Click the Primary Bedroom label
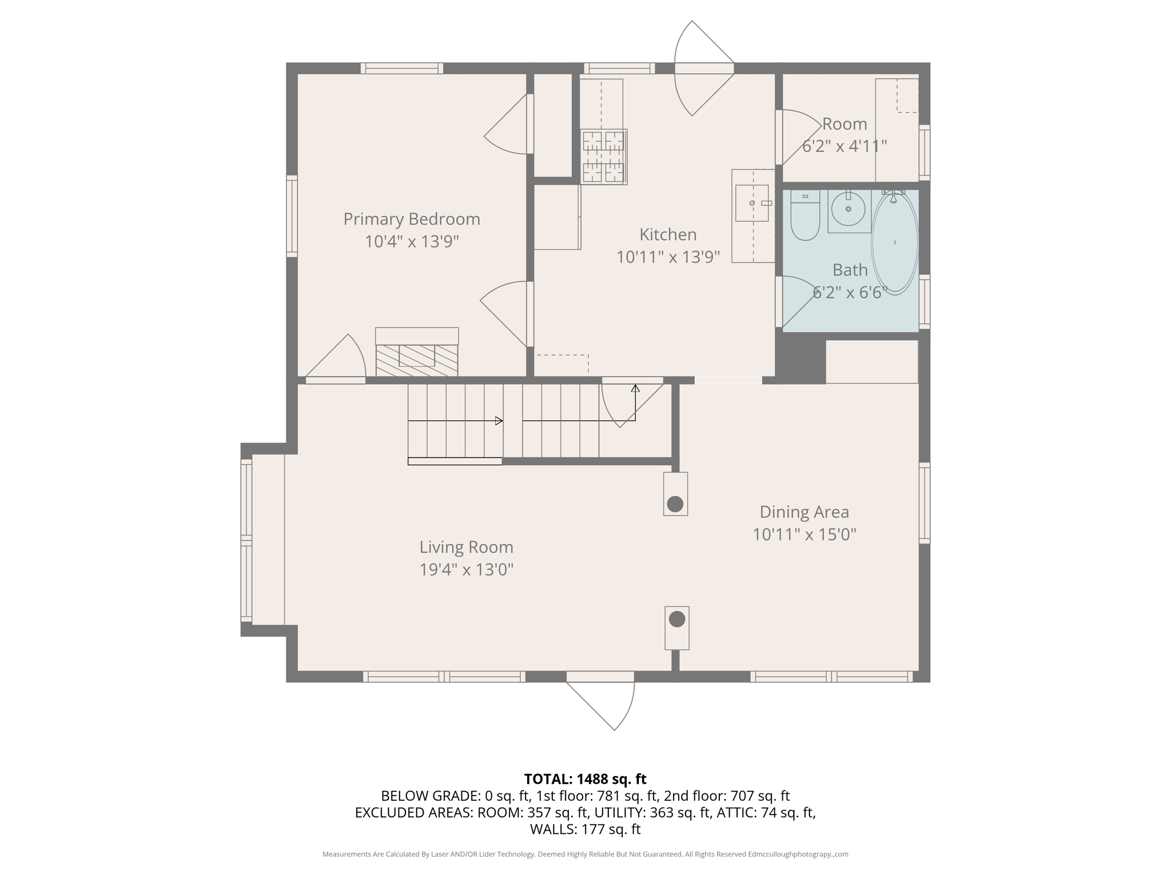point(411,219)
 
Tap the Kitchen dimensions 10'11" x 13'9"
point(667,257)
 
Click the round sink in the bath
point(848,209)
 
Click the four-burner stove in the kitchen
point(603,156)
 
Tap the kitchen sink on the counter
point(751,203)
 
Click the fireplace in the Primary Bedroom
point(417,352)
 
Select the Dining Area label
point(804,512)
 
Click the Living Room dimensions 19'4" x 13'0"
point(467,569)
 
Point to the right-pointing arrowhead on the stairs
point(499,421)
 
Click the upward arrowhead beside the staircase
point(635,389)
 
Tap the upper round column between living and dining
point(675,504)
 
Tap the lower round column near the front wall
point(677,619)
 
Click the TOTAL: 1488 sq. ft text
point(585,779)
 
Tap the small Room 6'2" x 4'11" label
point(844,124)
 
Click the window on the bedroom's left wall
point(292,215)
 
